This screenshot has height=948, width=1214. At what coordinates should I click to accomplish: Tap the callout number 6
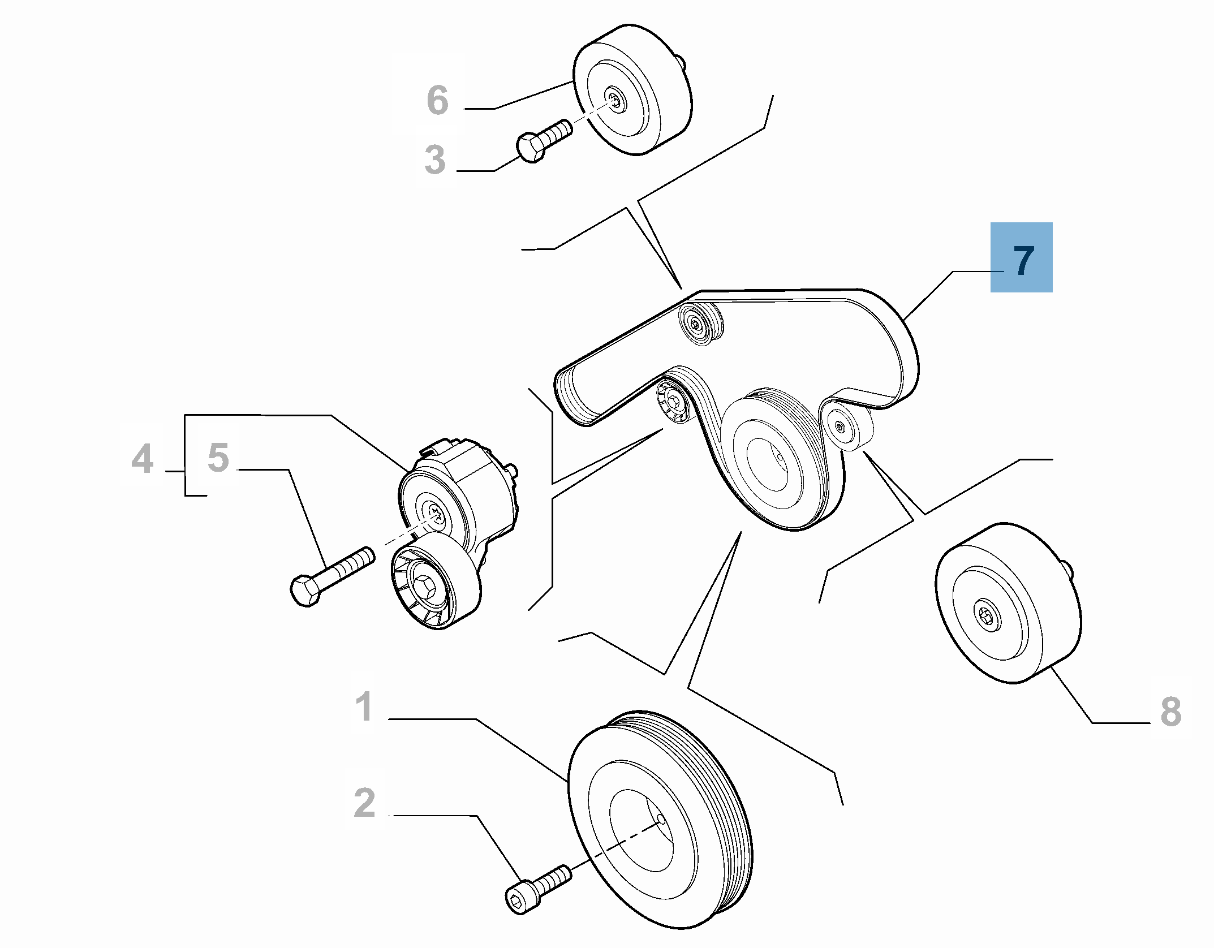(438, 100)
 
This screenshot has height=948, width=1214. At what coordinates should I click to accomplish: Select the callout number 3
(435, 160)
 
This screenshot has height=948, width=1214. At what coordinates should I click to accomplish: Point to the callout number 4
(143, 458)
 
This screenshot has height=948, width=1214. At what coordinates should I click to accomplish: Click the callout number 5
(218, 457)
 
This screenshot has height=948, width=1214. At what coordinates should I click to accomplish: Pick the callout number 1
(364, 706)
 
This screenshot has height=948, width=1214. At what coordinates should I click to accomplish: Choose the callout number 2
(365, 803)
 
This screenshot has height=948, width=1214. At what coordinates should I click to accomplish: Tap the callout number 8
(1171, 712)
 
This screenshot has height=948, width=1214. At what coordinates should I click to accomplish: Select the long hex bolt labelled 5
(332, 576)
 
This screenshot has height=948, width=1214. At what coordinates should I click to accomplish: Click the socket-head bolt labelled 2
(538, 889)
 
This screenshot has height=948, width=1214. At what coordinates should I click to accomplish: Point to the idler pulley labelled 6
(632, 89)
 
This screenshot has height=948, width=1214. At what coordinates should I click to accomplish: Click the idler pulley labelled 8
(1008, 603)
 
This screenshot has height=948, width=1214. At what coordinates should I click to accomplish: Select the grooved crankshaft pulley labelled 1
(660, 820)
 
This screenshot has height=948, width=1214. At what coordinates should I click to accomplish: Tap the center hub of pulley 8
(987, 615)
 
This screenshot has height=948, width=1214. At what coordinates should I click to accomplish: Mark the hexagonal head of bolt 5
(305, 591)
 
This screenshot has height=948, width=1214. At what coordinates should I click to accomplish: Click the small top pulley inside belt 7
(700, 324)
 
